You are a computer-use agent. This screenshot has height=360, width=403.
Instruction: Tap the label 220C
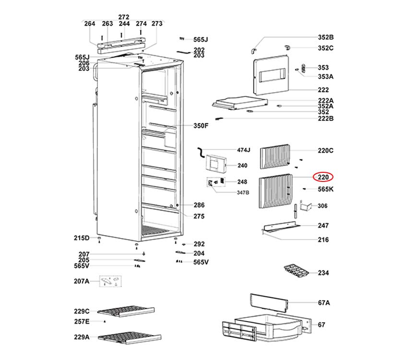(x=325, y=151)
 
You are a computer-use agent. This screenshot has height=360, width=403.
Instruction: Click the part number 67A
(x=324, y=303)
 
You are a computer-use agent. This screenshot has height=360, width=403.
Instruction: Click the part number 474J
(x=244, y=150)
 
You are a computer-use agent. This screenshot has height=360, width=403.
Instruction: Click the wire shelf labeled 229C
(x=127, y=312)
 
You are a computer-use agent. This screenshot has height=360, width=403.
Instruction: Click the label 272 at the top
(x=124, y=17)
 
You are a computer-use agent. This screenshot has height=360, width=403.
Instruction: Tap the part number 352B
(x=325, y=37)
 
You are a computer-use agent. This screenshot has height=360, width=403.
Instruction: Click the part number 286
(x=199, y=205)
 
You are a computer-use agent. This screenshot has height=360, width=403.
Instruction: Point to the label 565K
(x=325, y=190)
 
